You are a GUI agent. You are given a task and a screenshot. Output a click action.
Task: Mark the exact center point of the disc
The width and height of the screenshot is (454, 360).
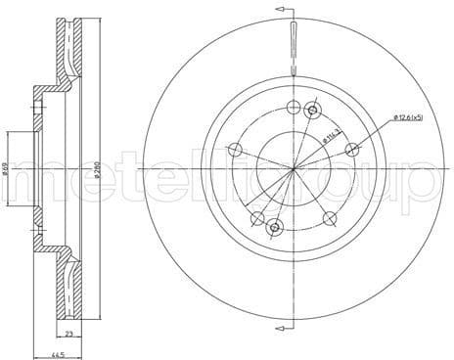294,168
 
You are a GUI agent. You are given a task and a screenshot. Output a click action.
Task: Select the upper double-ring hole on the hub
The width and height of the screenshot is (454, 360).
312,110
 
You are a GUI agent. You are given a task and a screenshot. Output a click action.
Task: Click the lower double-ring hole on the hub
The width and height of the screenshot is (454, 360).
274,227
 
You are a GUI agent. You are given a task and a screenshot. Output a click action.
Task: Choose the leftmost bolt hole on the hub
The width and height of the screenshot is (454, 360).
234,149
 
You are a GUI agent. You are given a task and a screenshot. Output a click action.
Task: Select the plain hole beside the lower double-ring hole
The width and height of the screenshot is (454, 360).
256,218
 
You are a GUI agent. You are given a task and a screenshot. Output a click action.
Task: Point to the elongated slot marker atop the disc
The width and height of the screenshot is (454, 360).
294,49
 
